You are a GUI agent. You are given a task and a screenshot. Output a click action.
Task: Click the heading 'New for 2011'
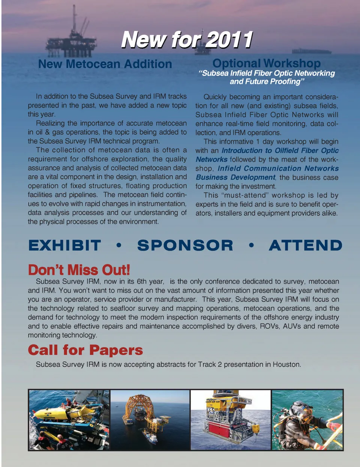(186, 40)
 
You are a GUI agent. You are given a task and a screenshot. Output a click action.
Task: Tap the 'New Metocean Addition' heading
(105, 64)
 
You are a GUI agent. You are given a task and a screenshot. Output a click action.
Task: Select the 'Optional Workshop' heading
(266, 63)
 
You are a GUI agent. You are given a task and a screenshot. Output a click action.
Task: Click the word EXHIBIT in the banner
(64, 245)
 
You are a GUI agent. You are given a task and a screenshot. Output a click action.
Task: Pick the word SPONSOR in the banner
(185, 245)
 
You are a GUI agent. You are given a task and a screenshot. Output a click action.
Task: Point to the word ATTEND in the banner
(305, 245)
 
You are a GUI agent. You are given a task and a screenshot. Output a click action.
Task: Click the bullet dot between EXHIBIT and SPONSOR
(119, 246)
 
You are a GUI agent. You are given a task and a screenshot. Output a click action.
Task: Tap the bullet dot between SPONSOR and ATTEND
(251, 246)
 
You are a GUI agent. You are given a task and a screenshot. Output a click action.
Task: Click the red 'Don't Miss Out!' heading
(79, 270)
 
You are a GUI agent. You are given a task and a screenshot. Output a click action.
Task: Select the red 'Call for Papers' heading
(85, 350)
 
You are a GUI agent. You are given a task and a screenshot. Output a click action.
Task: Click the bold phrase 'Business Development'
(235, 177)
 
